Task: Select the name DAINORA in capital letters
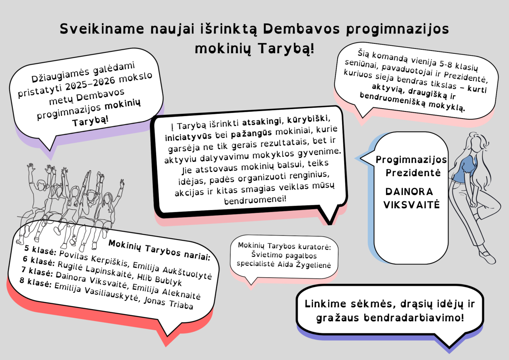click(409, 192)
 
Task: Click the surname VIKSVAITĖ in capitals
click(412, 204)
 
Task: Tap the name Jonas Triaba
click(168, 303)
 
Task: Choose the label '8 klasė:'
click(36, 283)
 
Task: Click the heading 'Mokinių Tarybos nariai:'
click(159, 250)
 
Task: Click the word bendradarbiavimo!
click(414, 317)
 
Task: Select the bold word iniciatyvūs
click(188, 136)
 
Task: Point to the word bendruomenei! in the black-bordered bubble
click(255, 200)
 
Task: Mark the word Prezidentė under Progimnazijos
click(413, 173)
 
